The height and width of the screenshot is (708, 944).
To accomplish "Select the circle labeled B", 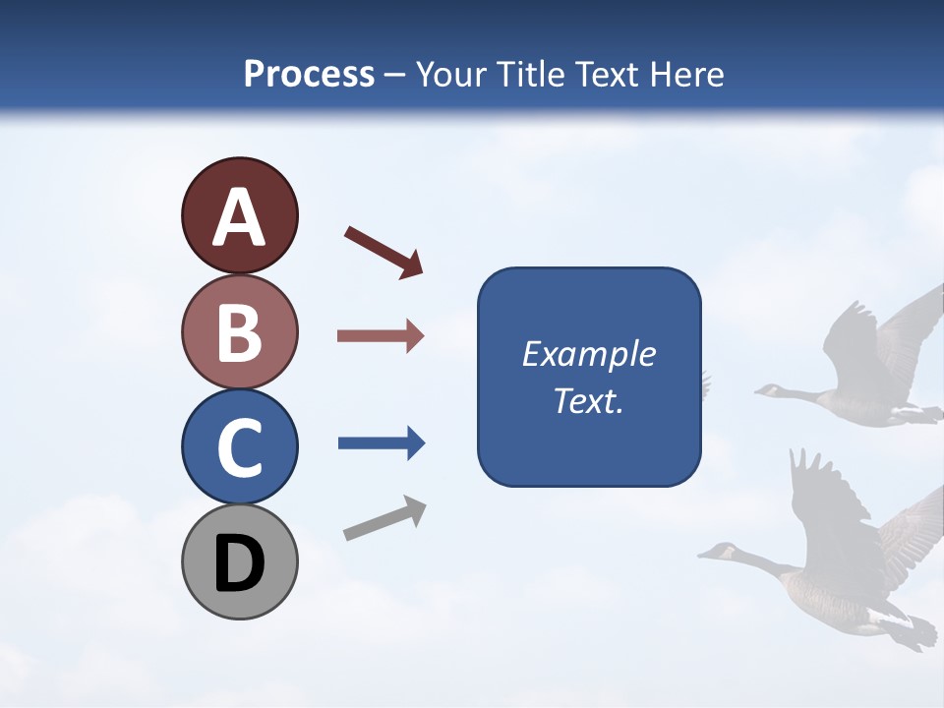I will pos(239,331).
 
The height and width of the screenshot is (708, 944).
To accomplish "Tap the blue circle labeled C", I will pos(239,446).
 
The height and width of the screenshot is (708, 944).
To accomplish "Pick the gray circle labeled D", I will pos(239,561).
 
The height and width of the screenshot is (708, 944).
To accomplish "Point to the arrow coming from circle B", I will pos(381,336).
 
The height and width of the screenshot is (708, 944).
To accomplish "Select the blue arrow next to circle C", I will pos(382,443).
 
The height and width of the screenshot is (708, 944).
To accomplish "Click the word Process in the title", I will pos(309,74).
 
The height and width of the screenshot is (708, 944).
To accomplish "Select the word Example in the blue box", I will pos(588,354).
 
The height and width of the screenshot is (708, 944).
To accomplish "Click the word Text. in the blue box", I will pos(588,400).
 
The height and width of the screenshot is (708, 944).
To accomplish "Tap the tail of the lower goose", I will pos(910,629).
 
